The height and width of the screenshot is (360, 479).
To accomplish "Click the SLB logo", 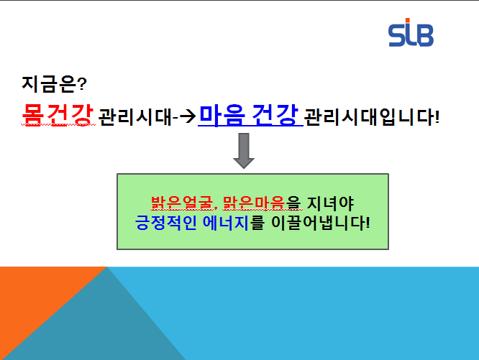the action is point(411,32).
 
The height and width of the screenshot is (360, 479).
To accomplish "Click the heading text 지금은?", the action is point(54,84).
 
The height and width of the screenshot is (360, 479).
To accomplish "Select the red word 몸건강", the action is point(58,115).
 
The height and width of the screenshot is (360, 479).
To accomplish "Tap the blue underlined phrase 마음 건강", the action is point(249,115).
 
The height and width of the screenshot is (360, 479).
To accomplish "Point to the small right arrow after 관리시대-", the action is point(187,116).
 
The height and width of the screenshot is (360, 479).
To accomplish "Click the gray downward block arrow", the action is point(244,151).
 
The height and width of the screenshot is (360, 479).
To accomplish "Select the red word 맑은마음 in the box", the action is point(254,203).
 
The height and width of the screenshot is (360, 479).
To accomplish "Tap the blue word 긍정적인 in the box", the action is point(165,223).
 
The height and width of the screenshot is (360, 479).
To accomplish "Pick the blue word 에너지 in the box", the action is point(225,223).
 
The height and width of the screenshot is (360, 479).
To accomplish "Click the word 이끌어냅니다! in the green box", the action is point(321,223).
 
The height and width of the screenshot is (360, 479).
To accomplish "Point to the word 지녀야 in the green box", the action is point(330,203).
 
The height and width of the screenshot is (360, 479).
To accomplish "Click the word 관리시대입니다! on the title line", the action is point(372,116).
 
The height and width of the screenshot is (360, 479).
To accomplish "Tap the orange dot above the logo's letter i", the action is point(407,20).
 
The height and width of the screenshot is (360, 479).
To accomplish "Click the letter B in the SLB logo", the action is point(424,35).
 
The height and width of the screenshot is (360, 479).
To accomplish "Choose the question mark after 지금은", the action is point(83,84).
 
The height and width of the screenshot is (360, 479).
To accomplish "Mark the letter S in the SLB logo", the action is point(396,36).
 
